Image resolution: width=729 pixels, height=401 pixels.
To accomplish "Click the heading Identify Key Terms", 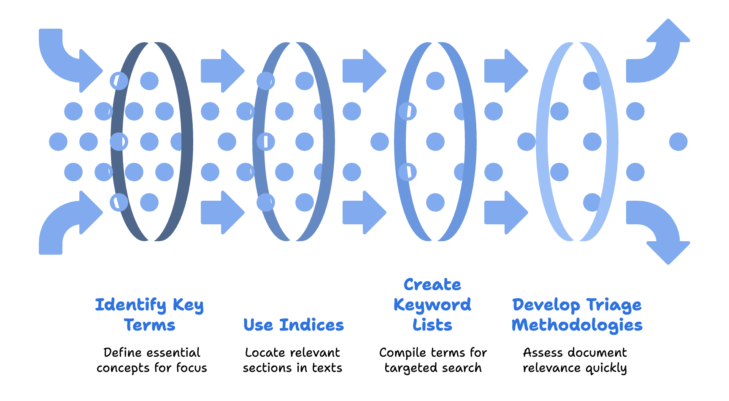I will (x=149, y=315).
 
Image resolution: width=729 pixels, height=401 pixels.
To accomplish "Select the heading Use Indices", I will (x=294, y=325).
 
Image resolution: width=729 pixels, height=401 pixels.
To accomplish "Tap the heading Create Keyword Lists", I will (x=432, y=304).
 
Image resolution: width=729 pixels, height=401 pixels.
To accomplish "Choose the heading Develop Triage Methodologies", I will (x=577, y=315).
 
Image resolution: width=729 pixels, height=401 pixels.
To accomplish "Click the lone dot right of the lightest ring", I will (x=678, y=142).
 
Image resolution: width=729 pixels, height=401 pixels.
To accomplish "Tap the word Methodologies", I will (x=577, y=325).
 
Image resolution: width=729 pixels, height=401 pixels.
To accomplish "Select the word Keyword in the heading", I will (x=432, y=304).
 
